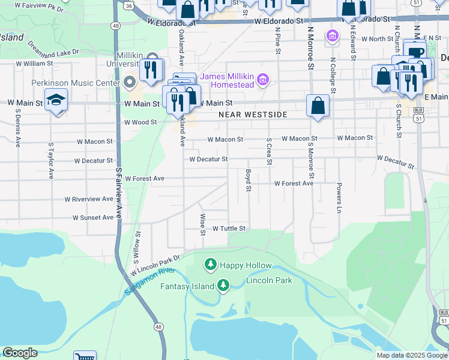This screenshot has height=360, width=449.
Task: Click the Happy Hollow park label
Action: pyautogui.click(x=245, y=265)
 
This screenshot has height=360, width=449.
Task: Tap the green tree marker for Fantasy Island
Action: pyautogui.click(x=223, y=286)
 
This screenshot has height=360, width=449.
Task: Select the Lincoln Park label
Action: pyautogui.click(x=269, y=280)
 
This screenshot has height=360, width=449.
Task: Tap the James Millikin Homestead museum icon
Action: pyautogui.click(x=262, y=79)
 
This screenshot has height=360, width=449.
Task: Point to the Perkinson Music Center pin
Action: pyautogui.click(x=130, y=82)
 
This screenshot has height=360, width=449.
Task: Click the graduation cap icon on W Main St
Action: pyautogui.click(x=56, y=100)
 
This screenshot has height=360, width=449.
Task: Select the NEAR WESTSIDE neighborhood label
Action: pyautogui.click(x=253, y=115)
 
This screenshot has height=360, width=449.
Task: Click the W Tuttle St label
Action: pyautogui.click(x=229, y=229)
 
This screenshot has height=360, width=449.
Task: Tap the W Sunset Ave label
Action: pyautogui.click(x=93, y=218)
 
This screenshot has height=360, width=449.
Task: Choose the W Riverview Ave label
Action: pyautogui.click(x=89, y=199)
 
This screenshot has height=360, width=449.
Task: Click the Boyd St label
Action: pyautogui.click(x=247, y=180)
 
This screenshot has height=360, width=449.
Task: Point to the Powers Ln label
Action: pyautogui.click(x=339, y=198)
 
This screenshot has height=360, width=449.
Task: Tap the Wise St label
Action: pyautogui.click(x=203, y=220)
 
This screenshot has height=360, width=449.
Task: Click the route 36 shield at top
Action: pyautogui.click(x=129, y=5)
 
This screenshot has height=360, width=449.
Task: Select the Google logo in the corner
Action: pyautogui.click(x=20, y=353)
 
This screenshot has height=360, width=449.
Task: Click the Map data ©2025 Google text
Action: pyautogui.click(x=411, y=355)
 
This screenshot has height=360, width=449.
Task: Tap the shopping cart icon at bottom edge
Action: pyautogui.click(x=85, y=356)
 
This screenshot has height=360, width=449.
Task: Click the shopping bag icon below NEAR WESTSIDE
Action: pyautogui.click(x=318, y=106)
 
